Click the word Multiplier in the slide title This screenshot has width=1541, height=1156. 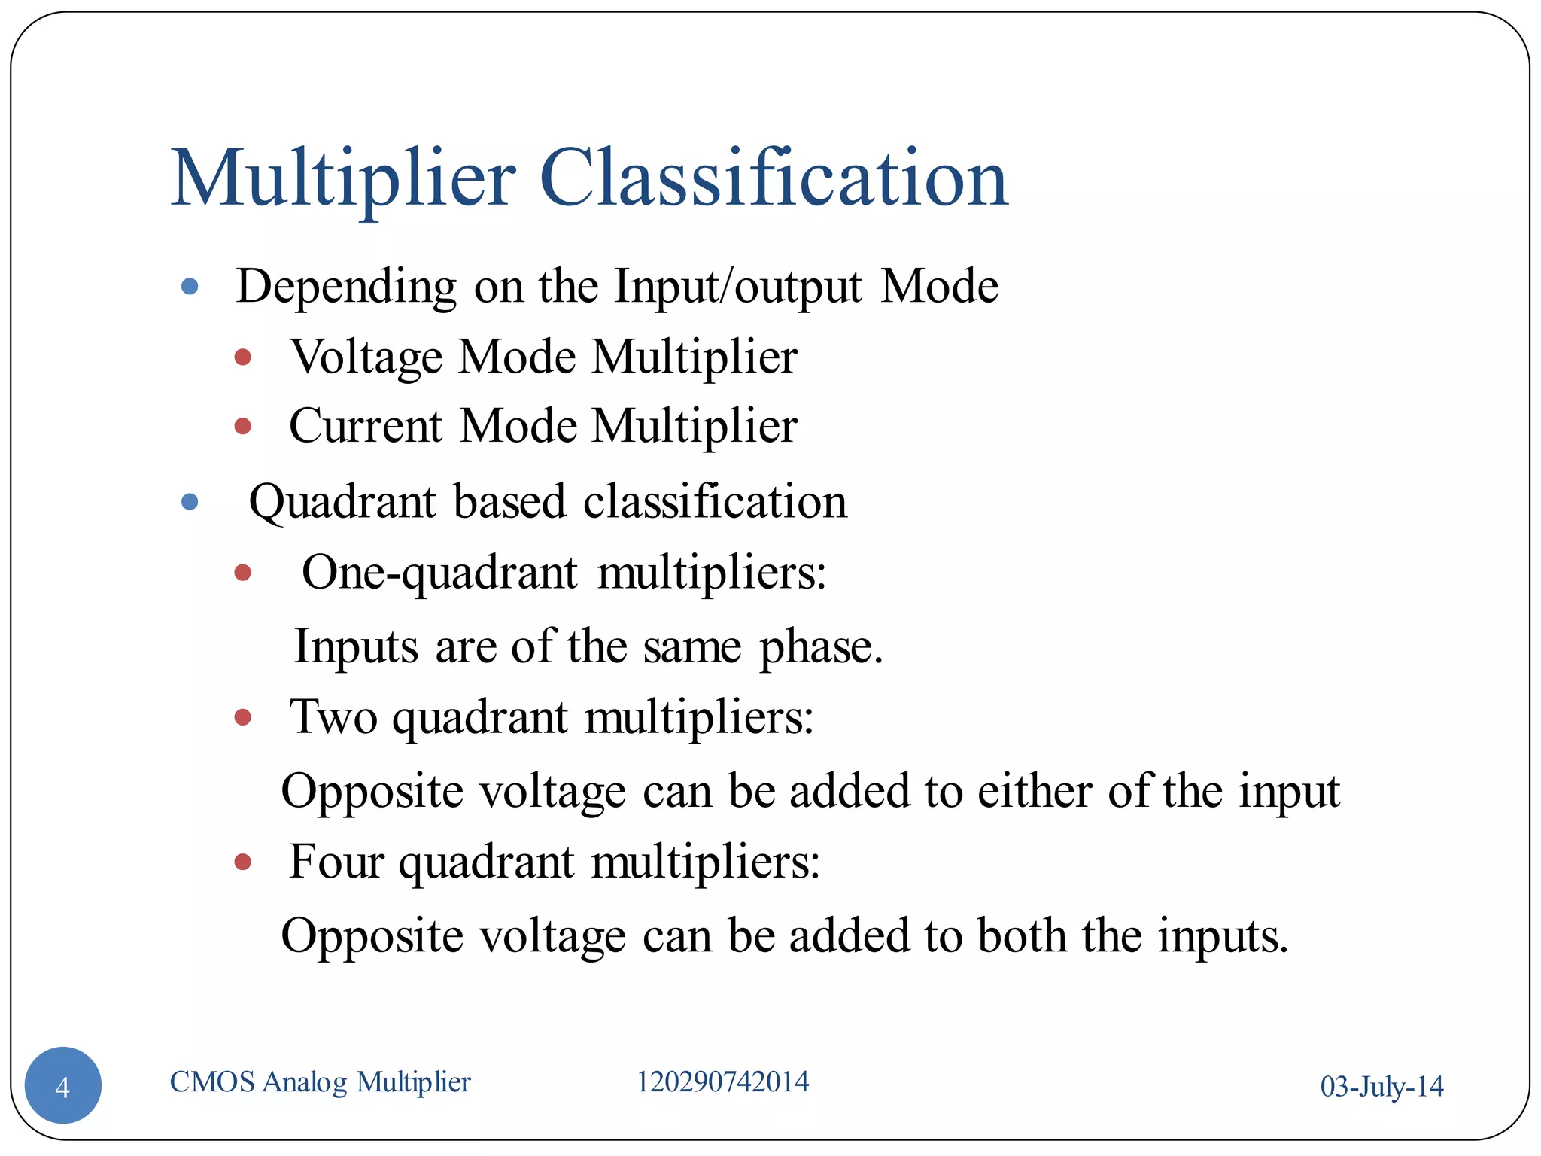click(x=343, y=179)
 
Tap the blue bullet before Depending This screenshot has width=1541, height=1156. click(x=190, y=286)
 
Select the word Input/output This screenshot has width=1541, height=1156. click(x=737, y=287)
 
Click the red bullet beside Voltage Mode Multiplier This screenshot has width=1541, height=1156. click(x=242, y=357)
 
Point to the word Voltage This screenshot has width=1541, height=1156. click(x=366, y=357)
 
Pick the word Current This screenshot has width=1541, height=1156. click(x=366, y=426)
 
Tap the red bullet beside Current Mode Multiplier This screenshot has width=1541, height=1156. click(x=242, y=427)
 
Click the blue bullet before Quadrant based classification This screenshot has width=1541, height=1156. click(x=190, y=501)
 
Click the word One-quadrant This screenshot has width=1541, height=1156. click(x=439, y=573)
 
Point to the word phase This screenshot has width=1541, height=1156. click(x=820, y=647)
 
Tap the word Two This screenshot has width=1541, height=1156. click(x=333, y=716)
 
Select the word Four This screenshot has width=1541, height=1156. click(x=336, y=862)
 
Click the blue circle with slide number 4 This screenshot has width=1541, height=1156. click(x=63, y=1085)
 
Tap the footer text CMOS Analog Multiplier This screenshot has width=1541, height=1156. click(x=320, y=1082)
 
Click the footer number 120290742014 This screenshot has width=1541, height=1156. click(x=722, y=1082)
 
